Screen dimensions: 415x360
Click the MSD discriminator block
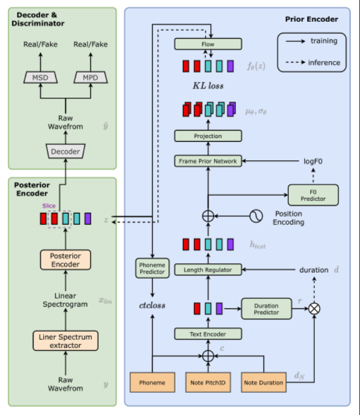tap(40, 78)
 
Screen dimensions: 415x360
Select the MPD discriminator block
tap(91, 78)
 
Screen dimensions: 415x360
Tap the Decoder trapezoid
tap(65, 152)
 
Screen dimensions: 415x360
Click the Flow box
tap(208, 44)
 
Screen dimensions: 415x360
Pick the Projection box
tap(208, 136)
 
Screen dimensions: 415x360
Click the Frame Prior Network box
tap(208, 160)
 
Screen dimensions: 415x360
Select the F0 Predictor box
tap(313, 195)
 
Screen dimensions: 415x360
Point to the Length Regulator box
tap(208, 270)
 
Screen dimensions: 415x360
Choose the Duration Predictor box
tap(267, 309)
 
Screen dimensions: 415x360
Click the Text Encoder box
tap(208, 334)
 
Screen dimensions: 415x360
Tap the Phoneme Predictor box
tap(152, 268)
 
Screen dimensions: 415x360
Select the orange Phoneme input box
tap(152, 382)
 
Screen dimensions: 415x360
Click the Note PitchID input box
tap(208, 382)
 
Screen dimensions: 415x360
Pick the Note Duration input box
tap(263, 382)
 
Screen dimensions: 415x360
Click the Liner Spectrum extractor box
tap(65, 341)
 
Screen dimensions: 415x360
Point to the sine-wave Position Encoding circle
tap(256, 216)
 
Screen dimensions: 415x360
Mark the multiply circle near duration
tap(315, 308)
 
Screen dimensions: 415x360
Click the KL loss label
tap(208, 85)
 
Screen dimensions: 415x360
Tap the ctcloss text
tap(152, 305)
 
